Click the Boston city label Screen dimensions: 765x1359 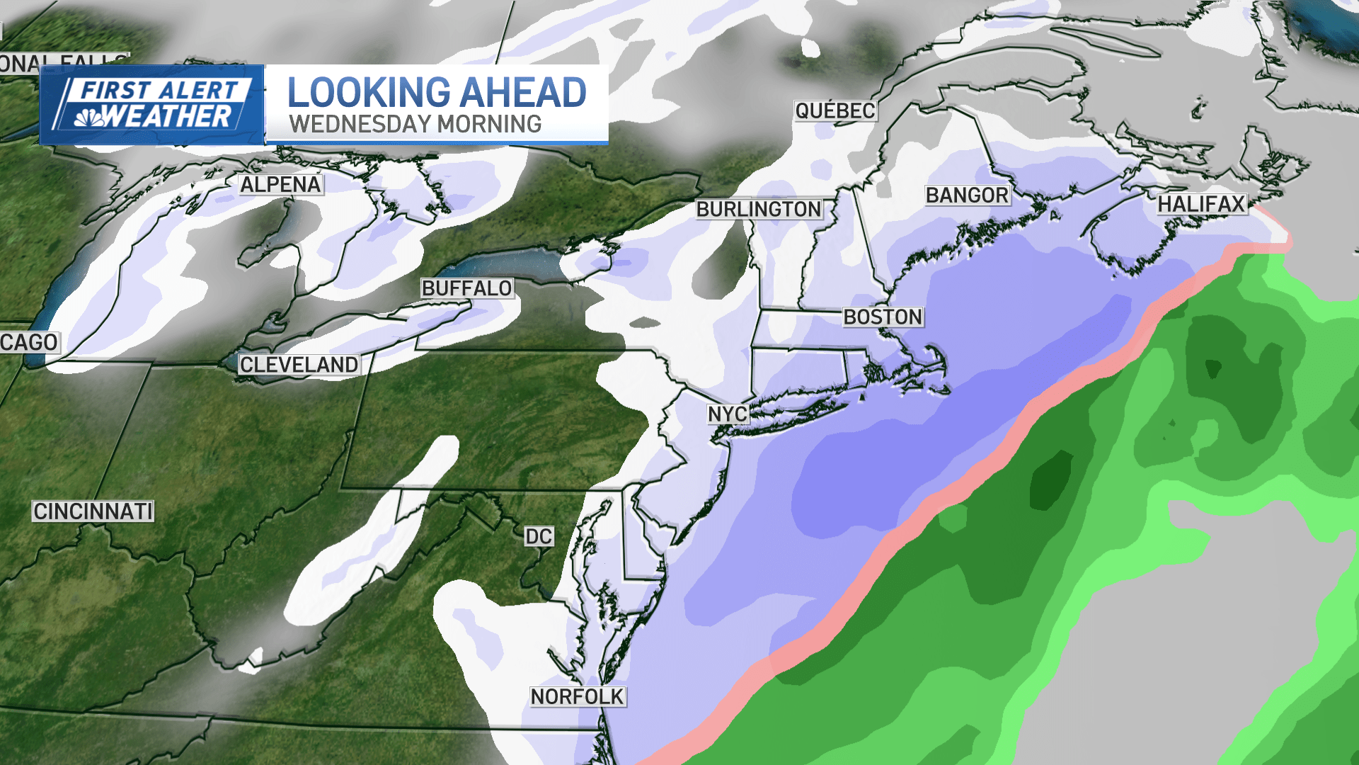(x=883, y=317)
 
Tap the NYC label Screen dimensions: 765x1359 (x=728, y=414)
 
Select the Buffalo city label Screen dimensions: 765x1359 (x=466, y=288)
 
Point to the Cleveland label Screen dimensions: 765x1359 (x=299, y=365)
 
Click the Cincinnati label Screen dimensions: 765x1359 (x=93, y=511)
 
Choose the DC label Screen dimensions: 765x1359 (x=539, y=536)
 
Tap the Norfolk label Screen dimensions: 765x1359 (x=578, y=697)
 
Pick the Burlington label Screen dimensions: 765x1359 (x=759, y=209)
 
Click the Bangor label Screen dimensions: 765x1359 (x=967, y=195)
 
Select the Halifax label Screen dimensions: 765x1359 (x=1201, y=204)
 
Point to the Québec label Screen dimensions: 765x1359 (x=835, y=110)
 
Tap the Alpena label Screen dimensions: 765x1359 (x=280, y=185)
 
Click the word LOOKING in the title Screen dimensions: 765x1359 (x=369, y=93)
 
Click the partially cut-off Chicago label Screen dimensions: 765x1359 (x=28, y=343)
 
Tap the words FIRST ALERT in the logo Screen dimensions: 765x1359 (x=160, y=90)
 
